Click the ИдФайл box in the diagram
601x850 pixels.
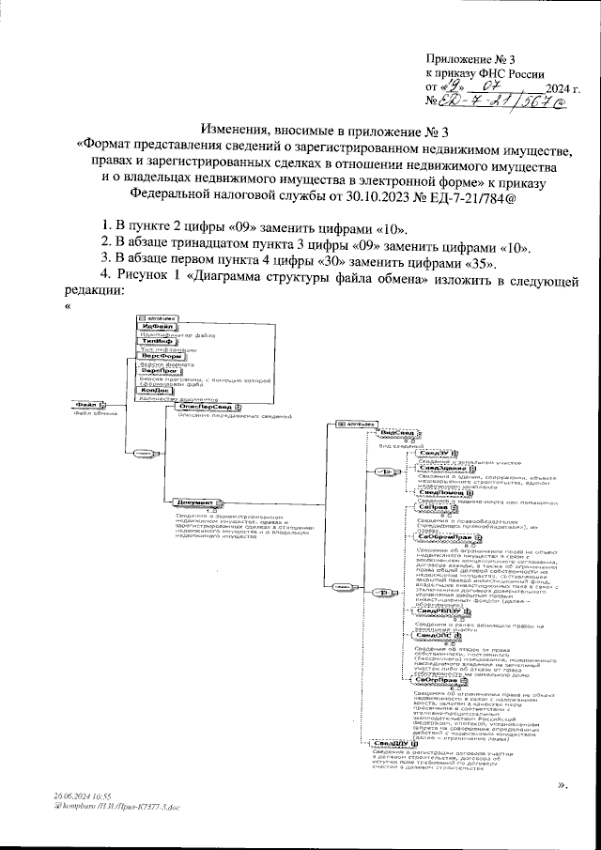[154, 327]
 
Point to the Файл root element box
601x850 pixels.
[86, 405]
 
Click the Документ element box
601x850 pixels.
[194, 502]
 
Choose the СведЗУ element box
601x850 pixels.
[431, 454]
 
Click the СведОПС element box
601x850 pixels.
[434, 635]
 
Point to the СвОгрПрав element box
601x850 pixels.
[439, 680]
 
